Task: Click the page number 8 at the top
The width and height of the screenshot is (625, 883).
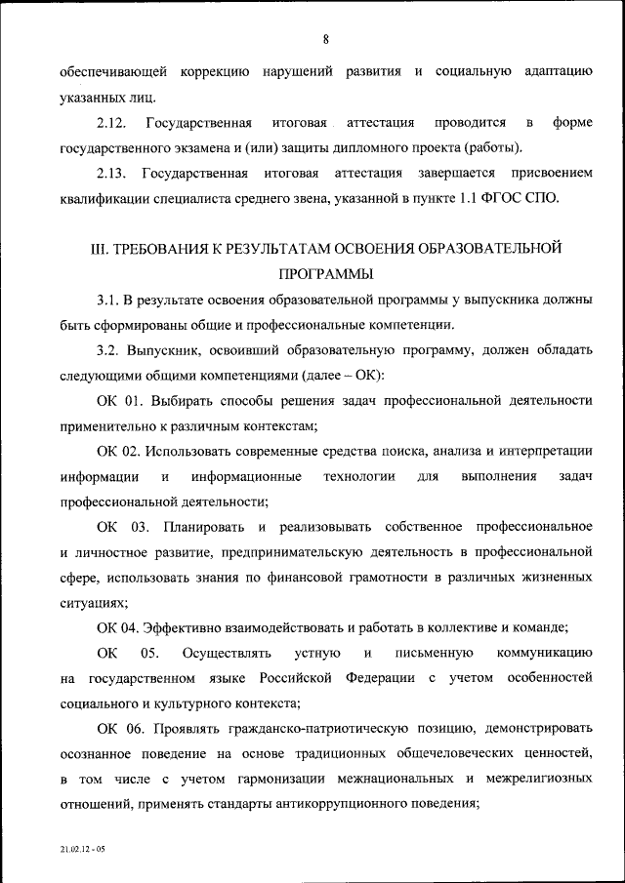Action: pyautogui.click(x=325, y=39)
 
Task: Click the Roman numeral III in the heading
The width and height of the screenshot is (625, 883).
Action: pyautogui.click(x=98, y=249)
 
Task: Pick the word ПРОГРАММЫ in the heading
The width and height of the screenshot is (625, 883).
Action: pyautogui.click(x=326, y=274)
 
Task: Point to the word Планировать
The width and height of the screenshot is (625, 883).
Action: pyautogui.click(x=203, y=527)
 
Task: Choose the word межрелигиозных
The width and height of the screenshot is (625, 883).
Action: pyautogui.click(x=535, y=780)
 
